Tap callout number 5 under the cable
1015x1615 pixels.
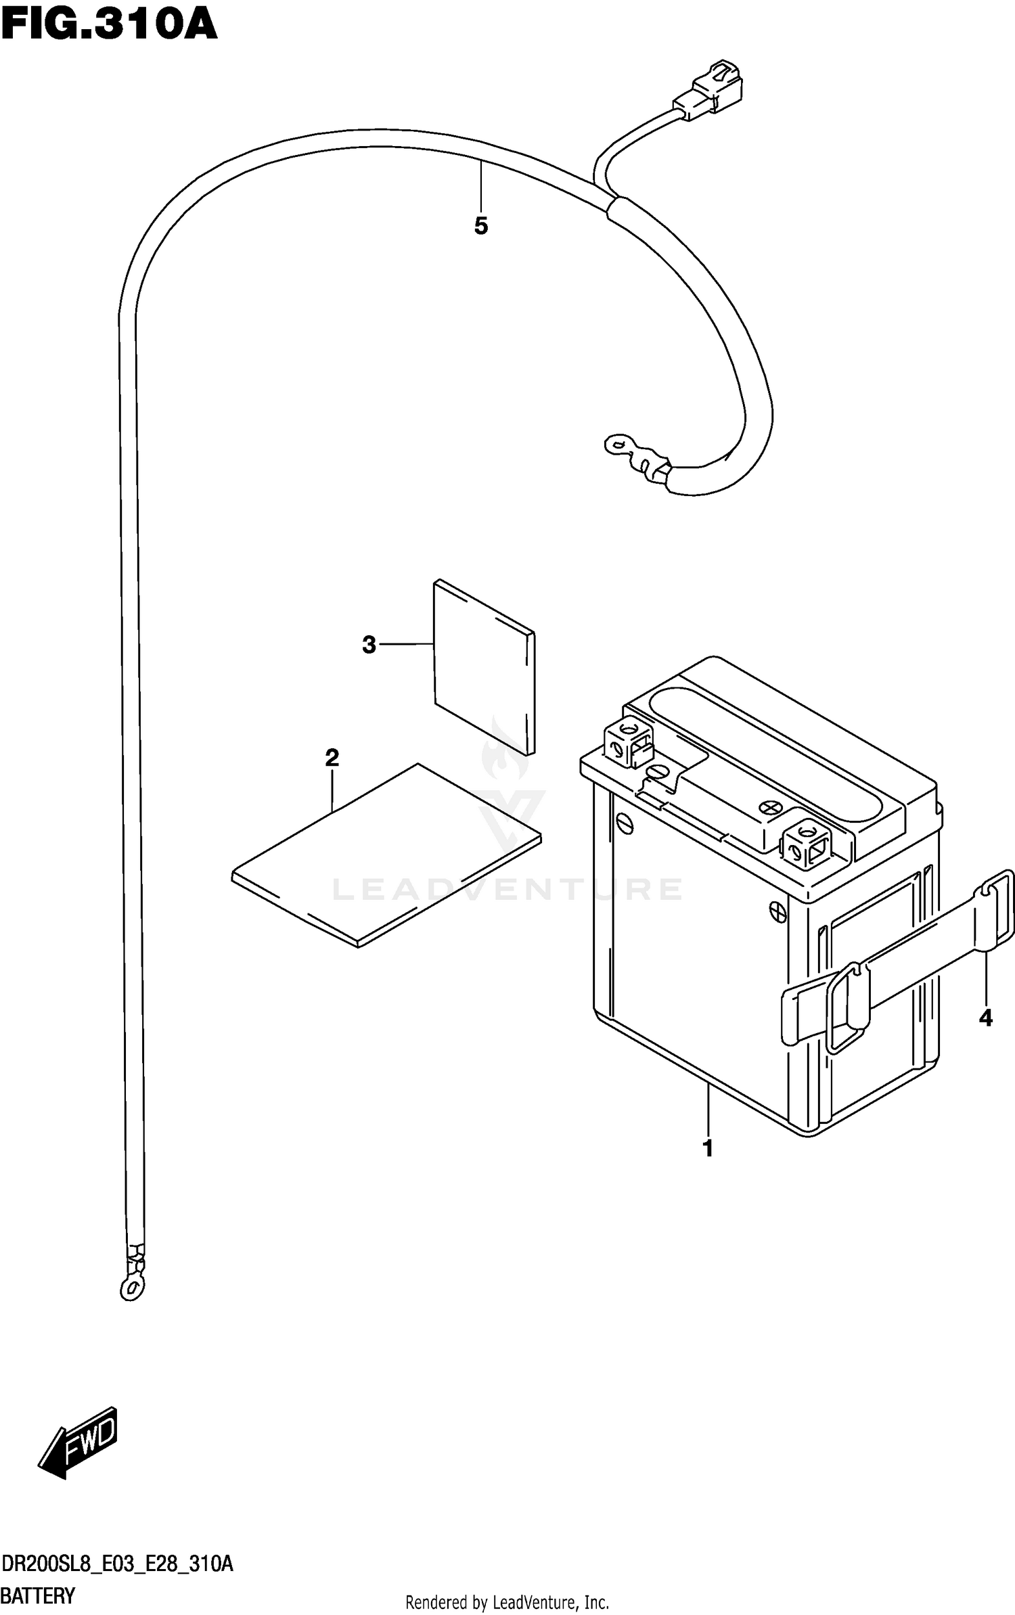[x=481, y=226]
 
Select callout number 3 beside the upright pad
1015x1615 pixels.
[x=369, y=645]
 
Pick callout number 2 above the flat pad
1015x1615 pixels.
[x=332, y=757]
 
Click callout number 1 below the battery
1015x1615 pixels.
[x=708, y=1148]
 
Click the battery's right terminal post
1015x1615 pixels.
[x=807, y=843]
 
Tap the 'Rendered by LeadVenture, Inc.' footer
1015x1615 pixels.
[x=507, y=1602]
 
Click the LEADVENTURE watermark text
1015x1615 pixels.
[x=507, y=889]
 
